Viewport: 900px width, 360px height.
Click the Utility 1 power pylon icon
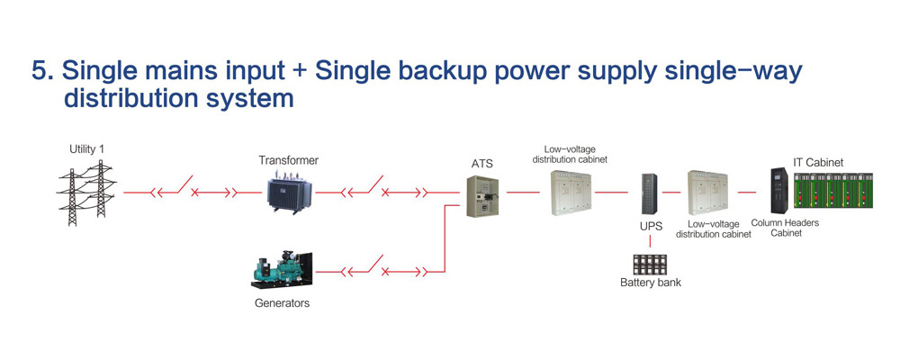pyautogui.click(x=86, y=193)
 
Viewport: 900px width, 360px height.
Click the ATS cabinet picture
pyautogui.click(x=481, y=194)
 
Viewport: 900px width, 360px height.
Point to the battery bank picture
pyautogui.click(x=651, y=265)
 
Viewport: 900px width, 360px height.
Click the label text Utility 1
pyautogui.click(x=87, y=149)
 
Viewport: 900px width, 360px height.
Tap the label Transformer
pyautogui.click(x=288, y=161)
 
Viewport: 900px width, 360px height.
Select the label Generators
pyautogui.click(x=282, y=303)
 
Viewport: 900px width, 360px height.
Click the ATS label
pyautogui.click(x=482, y=165)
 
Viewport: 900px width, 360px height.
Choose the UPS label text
pyautogui.click(x=651, y=226)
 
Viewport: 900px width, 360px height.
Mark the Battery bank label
pyautogui.click(x=651, y=283)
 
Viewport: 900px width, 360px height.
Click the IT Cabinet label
pyautogui.click(x=818, y=162)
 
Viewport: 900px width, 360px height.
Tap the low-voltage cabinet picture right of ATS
pyautogui.click(x=571, y=192)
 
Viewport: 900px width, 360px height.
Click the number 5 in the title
pyautogui.click(x=40, y=72)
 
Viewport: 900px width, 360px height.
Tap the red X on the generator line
pyautogui.click(x=386, y=271)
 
